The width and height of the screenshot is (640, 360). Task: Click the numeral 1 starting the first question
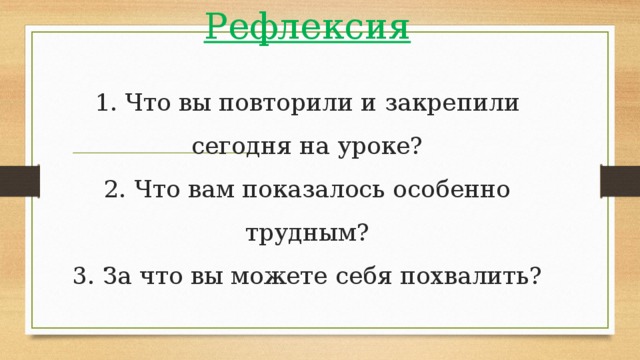click(103, 104)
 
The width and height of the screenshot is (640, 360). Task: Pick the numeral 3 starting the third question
click(82, 274)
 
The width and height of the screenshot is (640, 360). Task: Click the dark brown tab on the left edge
click(19, 180)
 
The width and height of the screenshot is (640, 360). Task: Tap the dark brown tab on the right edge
click(620, 180)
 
